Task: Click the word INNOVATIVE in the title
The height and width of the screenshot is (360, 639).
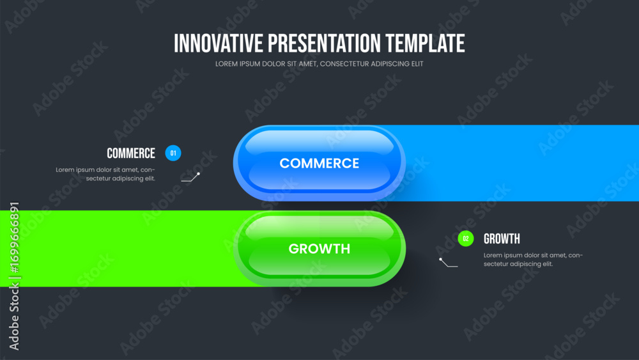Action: pyautogui.click(x=219, y=43)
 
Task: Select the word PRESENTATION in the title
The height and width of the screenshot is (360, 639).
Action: pyautogui.click(x=324, y=43)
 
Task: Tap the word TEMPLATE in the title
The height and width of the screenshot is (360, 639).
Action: pyautogui.click(x=425, y=43)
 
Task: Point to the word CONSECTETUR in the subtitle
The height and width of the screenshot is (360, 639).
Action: pyautogui.click(x=344, y=64)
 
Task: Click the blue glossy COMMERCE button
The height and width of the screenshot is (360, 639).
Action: pyautogui.click(x=319, y=163)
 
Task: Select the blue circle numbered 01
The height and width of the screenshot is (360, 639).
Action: pyautogui.click(x=173, y=153)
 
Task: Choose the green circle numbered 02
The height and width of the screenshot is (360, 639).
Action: pyautogui.click(x=466, y=239)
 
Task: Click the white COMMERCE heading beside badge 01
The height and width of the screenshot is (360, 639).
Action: pyautogui.click(x=131, y=153)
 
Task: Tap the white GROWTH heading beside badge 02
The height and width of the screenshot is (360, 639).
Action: pyautogui.click(x=502, y=239)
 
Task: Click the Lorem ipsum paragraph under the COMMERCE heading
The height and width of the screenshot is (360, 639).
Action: pyautogui.click(x=105, y=174)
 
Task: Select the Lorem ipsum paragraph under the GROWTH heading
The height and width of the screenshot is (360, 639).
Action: pyautogui.click(x=533, y=260)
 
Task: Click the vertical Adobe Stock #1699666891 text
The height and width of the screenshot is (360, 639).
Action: pyautogui.click(x=14, y=276)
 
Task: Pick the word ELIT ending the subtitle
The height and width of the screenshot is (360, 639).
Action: pyautogui.click(x=417, y=64)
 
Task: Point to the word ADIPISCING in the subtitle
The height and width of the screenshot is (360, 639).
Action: pyautogui.click(x=390, y=64)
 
